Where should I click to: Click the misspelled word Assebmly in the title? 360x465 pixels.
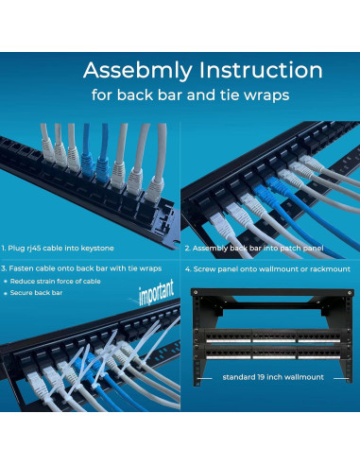138,71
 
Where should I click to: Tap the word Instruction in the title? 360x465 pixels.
261,70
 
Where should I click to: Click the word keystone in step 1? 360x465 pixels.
97,249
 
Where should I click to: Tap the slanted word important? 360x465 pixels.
156,293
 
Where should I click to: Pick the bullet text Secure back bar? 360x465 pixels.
36,293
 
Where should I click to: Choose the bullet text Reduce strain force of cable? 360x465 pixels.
56,282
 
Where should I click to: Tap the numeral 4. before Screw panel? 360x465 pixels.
188,269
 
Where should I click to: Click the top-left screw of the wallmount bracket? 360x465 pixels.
196,292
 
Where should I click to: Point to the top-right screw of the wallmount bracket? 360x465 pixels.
349,292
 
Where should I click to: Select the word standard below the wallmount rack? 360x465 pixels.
234,377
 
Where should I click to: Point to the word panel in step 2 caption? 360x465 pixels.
314,249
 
